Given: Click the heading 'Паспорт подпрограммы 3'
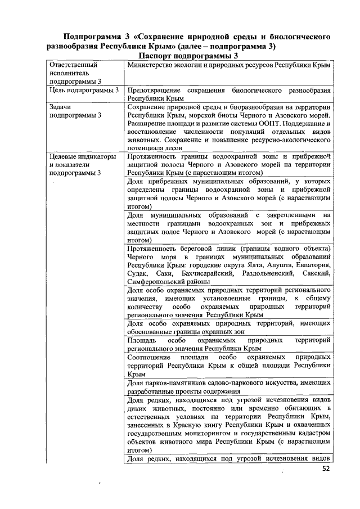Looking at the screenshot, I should click(x=188, y=57).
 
